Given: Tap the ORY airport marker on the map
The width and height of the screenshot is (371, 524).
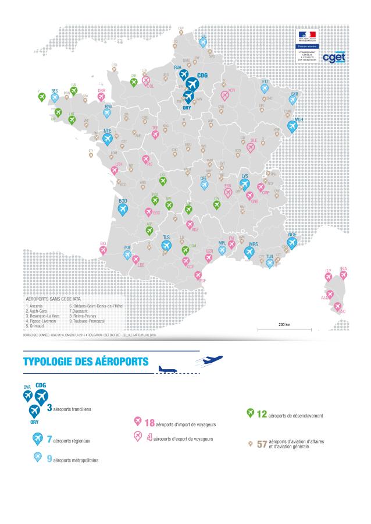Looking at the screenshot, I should [188, 96].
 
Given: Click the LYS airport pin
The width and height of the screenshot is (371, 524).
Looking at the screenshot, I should [244, 183].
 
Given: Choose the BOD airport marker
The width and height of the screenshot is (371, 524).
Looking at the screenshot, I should [123, 208].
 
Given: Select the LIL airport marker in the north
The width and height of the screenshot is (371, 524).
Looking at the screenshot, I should [203, 42].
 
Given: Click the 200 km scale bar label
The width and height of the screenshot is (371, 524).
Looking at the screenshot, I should [284, 324].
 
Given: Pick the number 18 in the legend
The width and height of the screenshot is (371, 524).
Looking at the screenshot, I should [149, 422].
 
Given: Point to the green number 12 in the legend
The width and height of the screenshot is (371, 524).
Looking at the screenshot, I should [261, 415].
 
